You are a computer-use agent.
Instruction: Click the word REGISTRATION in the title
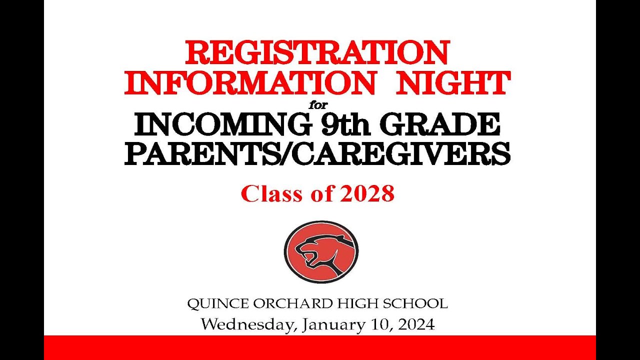point(317,52)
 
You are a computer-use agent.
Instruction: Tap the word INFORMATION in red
point(249,83)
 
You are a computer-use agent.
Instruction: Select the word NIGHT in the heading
point(453,83)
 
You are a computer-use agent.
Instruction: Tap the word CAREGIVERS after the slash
point(400,154)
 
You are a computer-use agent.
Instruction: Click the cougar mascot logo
point(321,251)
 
